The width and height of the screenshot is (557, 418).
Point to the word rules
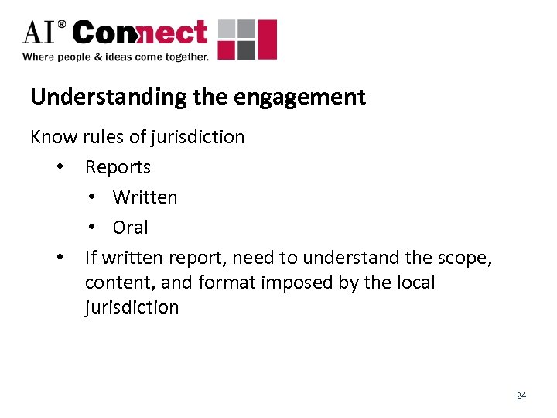[103, 137]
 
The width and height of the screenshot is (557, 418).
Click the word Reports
[118, 166]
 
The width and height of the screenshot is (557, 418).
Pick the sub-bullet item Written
[145, 197]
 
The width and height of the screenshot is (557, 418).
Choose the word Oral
[130, 228]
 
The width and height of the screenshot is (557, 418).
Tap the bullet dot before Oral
[91, 228]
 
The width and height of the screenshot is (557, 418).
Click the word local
[413, 283]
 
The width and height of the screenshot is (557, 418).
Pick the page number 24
[521, 396]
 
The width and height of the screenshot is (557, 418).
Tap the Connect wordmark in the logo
[140, 33]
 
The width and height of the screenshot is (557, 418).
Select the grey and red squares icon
[247, 39]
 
